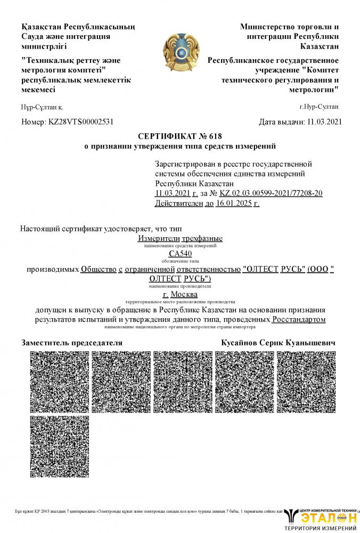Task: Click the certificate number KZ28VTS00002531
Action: coord(81,122)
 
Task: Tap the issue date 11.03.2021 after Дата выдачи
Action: coord(324,122)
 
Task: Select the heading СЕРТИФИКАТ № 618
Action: coord(180,136)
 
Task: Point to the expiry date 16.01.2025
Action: coord(238,203)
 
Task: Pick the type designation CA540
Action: coord(180,254)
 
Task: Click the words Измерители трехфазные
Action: coord(180,238)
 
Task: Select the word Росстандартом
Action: coord(298,319)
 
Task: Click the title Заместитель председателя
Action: coord(72,343)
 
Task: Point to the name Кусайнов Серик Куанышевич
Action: coord(278,343)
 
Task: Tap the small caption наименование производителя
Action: coord(180,286)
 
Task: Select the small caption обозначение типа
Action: coord(180,261)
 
